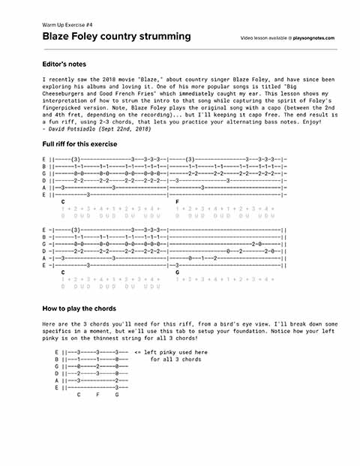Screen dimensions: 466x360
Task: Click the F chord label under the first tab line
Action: click(x=178, y=202)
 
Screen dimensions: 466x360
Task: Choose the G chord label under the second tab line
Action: click(x=178, y=272)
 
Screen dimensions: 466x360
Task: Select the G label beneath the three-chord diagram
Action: click(x=117, y=395)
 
